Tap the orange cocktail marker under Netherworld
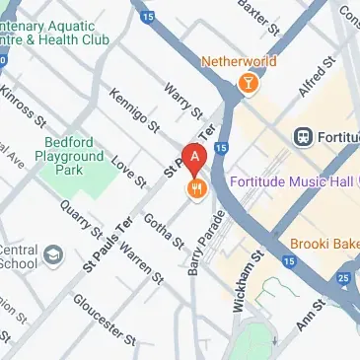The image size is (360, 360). tap(250, 85)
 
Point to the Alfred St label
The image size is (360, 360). tap(313, 79)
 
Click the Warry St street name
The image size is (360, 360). tap(183, 100)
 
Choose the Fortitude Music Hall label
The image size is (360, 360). tap(294, 181)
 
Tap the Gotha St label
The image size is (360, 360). tap(163, 229)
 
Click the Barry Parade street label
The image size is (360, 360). tap(201, 243)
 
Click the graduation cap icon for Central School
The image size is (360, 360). tap(51, 257)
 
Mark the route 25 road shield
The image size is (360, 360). tap(342, 278)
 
